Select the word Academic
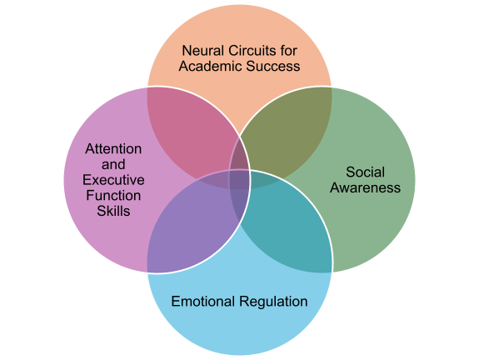(x=211, y=67)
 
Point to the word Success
(x=273, y=67)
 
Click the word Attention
(x=113, y=149)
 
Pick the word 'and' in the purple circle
(x=113, y=165)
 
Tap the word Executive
(x=113, y=180)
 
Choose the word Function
(x=113, y=196)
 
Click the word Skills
(x=113, y=211)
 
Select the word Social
(x=365, y=172)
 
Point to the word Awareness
(x=365, y=187)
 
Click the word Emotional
(x=202, y=302)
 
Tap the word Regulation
(x=273, y=302)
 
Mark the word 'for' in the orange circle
(x=288, y=51)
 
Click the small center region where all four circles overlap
(x=240, y=179)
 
